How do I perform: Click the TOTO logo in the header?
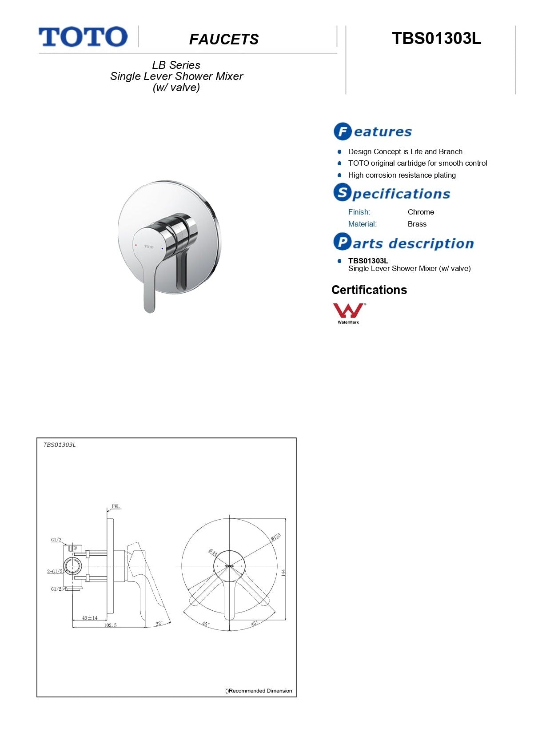click(x=83, y=37)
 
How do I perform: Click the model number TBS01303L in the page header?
click(x=436, y=39)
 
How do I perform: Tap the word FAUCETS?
click(x=224, y=40)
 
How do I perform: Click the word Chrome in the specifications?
click(x=421, y=212)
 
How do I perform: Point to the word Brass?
click(x=417, y=224)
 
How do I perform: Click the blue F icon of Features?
click(x=343, y=131)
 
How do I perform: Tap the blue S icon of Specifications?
click(x=342, y=193)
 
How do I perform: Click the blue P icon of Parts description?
click(x=342, y=242)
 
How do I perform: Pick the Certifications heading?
click(x=369, y=290)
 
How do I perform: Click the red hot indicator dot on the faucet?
click(x=136, y=245)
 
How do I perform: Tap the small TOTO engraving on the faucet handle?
click(x=149, y=247)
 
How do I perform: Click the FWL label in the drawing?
click(x=116, y=506)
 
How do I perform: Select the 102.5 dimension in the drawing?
click(x=110, y=625)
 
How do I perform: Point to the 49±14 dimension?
click(x=90, y=618)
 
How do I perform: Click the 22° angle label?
click(x=159, y=624)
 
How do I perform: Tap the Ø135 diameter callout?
click(x=276, y=537)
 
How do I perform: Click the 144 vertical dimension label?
click(x=283, y=573)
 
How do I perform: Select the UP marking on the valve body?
click(x=73, y=549)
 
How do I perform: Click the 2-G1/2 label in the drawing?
click(x=55, y=572)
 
